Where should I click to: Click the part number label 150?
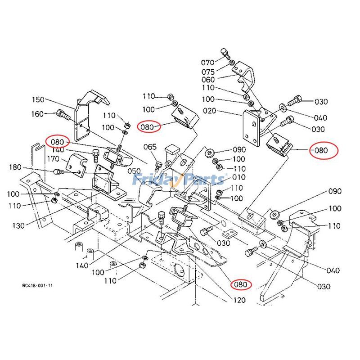tap(39, 99)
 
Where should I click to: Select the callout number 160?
tap(38, 114)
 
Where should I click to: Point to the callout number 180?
tap(15, 168)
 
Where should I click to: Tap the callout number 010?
tap(239, 177)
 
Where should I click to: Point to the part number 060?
tap(208, 80)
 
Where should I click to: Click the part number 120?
tap(240, 300)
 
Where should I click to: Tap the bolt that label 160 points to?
tap(63, 115)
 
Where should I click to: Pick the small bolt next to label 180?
tap(57, 171)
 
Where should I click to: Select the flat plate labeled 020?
tap(250, 128)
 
